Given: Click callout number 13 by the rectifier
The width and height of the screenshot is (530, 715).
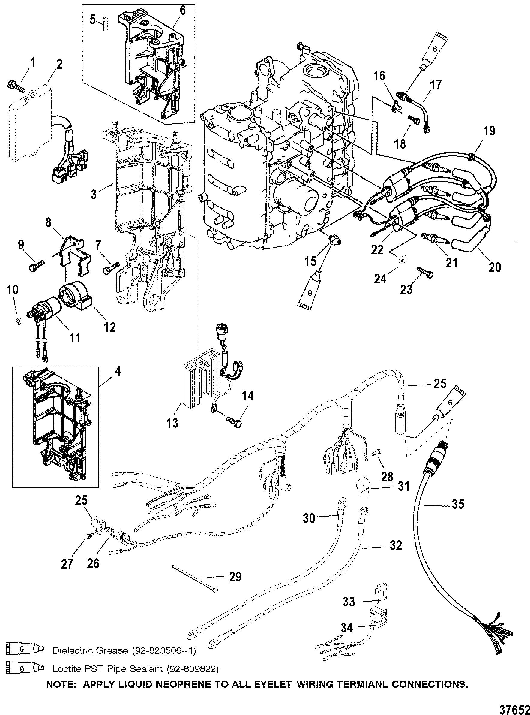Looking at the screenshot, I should pos(172,423).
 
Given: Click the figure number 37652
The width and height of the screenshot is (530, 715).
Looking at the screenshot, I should pos(517,708).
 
